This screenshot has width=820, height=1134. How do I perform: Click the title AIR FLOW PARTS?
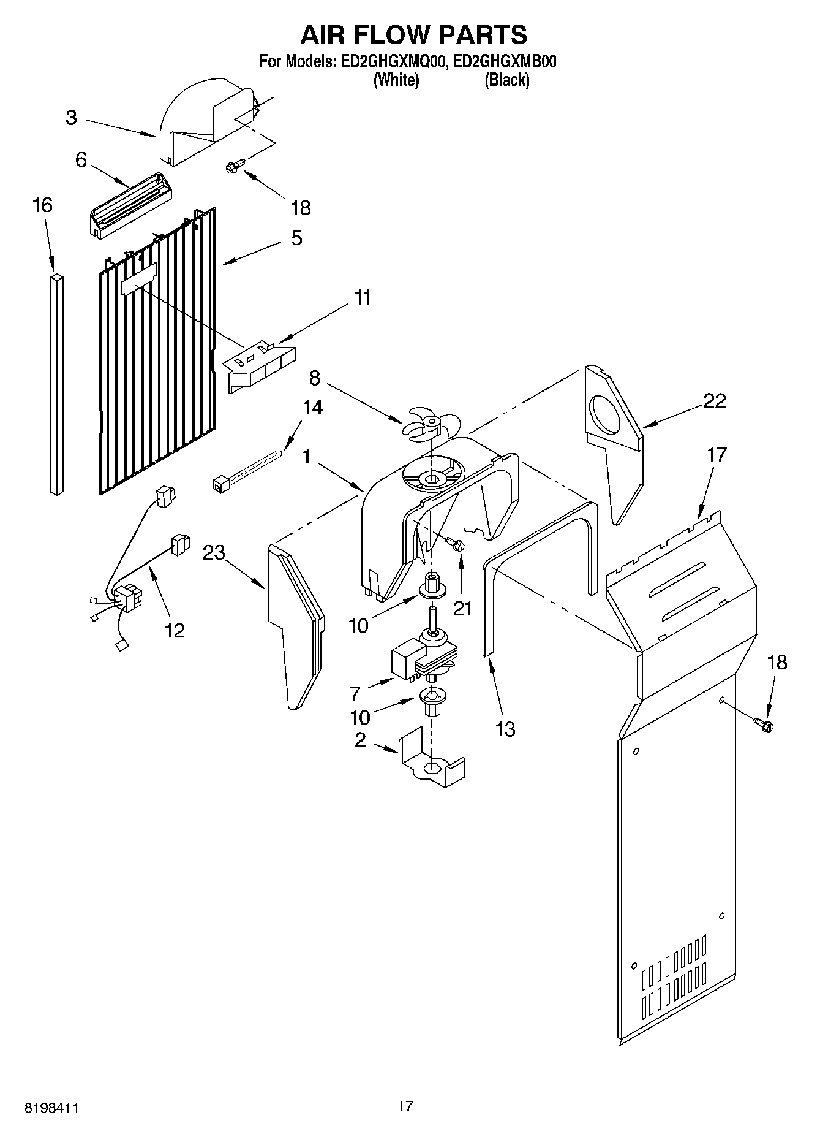(x=413, y=35)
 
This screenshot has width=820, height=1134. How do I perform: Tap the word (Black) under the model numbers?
(x=506, y=80)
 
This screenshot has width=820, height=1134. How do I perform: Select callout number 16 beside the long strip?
(x=42, y=205)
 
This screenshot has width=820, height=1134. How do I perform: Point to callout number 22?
(x=714, y=401)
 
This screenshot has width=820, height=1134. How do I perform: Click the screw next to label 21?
(x=454, y=543)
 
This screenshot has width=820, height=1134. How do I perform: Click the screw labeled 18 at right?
(x=764, y=725)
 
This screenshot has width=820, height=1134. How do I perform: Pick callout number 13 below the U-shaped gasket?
(x=505, y=729)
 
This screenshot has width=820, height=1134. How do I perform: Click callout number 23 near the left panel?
(x=214, y=554)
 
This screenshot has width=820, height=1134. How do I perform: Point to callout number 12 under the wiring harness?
(x=175, y=630)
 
